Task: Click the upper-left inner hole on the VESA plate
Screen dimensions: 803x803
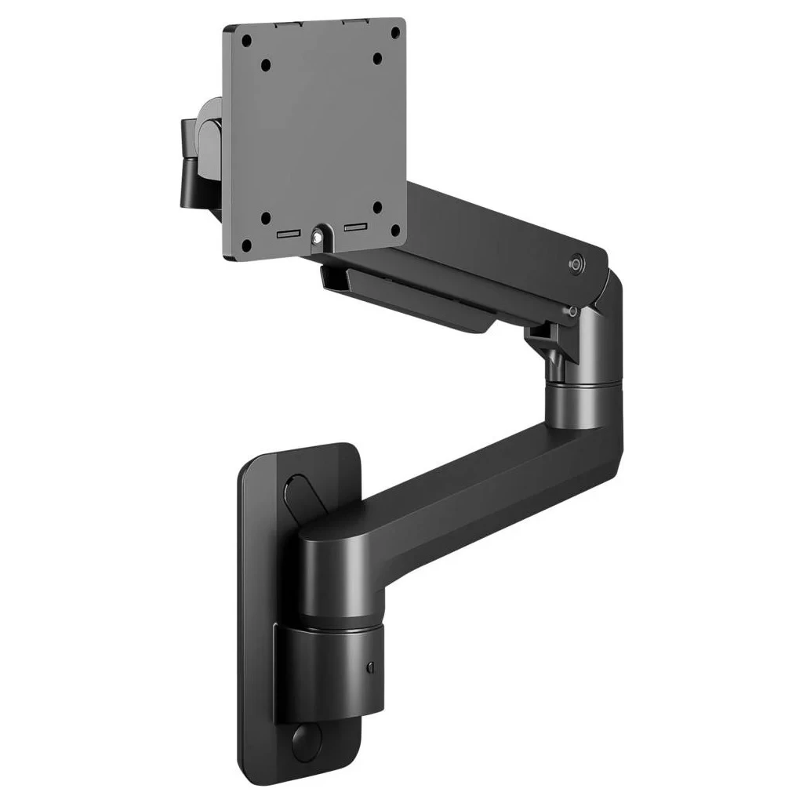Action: point(267,64)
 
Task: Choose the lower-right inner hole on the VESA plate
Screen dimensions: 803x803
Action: point(377,209)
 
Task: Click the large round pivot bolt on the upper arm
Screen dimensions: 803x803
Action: point(578,266)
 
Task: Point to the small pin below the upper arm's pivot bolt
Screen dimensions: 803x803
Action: point(574,311)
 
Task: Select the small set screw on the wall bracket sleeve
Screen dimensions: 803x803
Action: point(369,667)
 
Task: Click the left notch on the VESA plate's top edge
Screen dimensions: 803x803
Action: point(290,24)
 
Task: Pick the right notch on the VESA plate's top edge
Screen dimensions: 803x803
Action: point(345,22)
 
